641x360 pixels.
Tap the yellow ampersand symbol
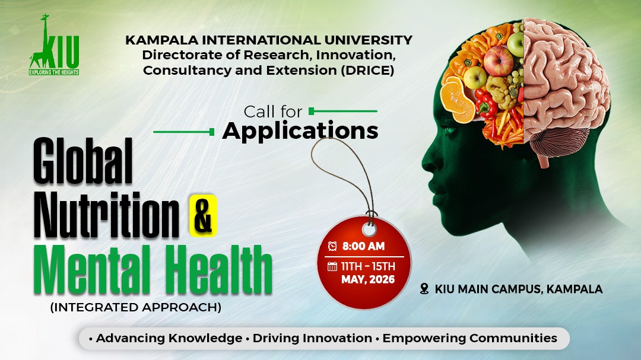pyautogui.click(x=203, y=214)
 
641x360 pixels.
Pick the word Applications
pyautogui.click(x=300, y=130)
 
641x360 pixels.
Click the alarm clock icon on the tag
pyautogui.click(x=332, y=246)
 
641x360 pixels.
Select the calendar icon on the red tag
pyautogui.click(x=332, y=266)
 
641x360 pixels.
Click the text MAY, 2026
pyautogui.click(x=368, y=280)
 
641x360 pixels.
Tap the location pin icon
pyautogui.click(x=424, y=289)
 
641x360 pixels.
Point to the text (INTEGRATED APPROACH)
pyautogui.click(x=135, y=308)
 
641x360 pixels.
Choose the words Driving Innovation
pyautogui.click(x=312, y=338)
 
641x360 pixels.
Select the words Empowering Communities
pyautogui.click(x=469, y=338)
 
